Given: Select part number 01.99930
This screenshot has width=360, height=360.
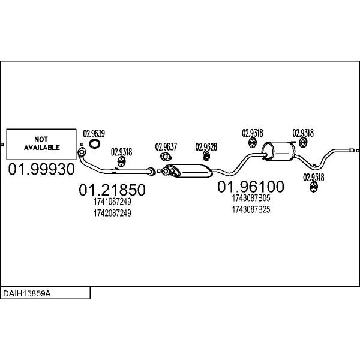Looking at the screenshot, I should coord(41,170).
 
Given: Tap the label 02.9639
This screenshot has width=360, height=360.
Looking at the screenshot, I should coord(94,134).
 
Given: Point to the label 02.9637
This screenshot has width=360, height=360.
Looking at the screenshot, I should coord(166,146).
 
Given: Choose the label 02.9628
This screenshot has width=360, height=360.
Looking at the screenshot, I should coord(206,146).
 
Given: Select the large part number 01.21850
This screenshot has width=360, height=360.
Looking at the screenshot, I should coord(112,190).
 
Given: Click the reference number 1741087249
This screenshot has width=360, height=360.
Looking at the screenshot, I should coord(112,202).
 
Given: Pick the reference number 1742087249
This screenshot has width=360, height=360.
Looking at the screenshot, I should coord(112,213).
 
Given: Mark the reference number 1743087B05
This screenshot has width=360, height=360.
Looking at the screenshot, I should coord(250,198).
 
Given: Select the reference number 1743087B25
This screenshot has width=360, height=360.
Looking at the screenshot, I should coord(250,209).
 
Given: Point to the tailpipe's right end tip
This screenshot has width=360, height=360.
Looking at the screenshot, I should coord(353,149).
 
